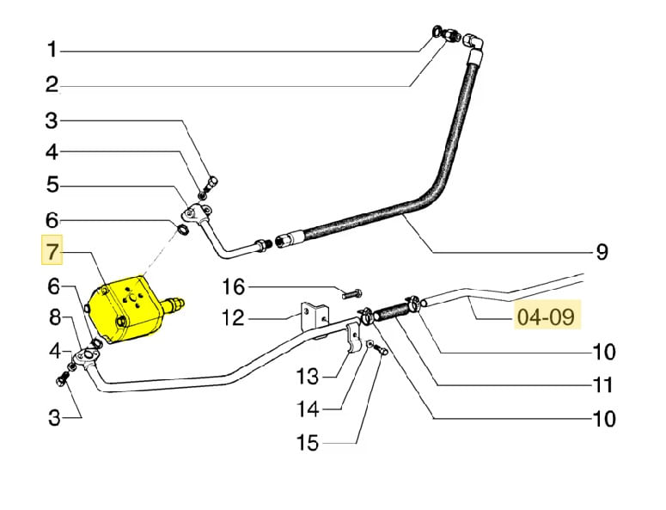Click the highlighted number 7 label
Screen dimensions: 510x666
coord(52,252)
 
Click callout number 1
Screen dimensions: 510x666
coord(52,51)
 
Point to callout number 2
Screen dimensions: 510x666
coord(52,84)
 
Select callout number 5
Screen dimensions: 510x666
coord(52,184)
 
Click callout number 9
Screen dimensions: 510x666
coord(602,252)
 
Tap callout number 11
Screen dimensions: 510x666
coord(602,384)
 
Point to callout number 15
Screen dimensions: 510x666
coord(308,444)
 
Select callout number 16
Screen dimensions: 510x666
coord(234,286)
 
